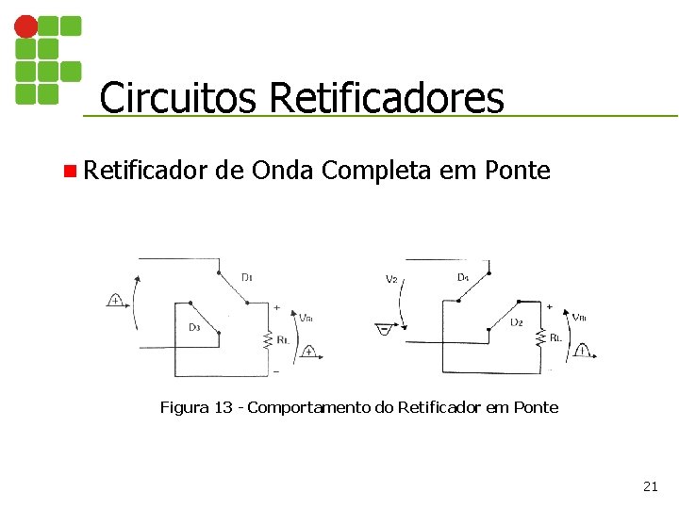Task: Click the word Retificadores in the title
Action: (x=387, y=97)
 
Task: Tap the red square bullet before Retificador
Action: (x=69, y=172)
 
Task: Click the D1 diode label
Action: (x=247, y=277)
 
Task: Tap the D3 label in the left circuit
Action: (x=193, y=327)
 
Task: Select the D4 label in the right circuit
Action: (x=463, y=277)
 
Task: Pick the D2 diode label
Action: (x=516, y=322)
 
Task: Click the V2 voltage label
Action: (x=391, y=279)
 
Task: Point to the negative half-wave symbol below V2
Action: (x=384, y=329)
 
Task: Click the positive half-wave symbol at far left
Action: (x=116, y=301)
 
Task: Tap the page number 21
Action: (x=650, y=486)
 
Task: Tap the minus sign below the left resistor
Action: (x=276, y=371)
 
